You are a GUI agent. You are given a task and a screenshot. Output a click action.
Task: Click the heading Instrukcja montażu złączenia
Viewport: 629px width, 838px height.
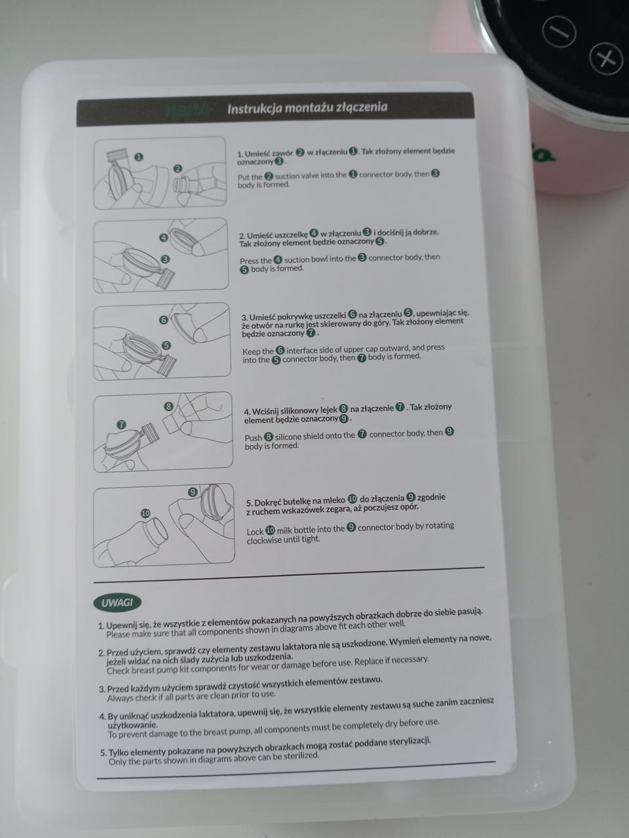(307, 107)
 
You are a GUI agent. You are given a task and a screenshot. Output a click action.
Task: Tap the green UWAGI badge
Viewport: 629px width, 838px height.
(117, 603)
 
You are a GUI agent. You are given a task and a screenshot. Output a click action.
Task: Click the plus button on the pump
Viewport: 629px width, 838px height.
(607, 59)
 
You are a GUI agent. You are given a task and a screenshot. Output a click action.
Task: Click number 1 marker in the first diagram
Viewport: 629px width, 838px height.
(139, 157)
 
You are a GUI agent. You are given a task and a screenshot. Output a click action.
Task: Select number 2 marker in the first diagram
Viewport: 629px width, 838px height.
(178, 168)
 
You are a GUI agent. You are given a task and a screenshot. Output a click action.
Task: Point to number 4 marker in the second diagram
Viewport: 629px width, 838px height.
(164, 238)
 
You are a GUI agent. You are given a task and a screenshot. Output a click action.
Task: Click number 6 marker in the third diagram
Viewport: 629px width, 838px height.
(163, 320)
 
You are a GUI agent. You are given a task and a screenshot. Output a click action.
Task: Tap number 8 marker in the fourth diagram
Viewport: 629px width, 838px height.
(168, 406)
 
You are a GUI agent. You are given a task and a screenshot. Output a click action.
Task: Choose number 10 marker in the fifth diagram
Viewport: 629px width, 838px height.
(145, 513)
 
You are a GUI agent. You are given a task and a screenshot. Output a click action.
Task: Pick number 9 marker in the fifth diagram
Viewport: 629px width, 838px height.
(193, 492)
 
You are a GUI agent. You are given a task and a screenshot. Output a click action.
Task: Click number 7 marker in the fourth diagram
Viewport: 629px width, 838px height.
(121, 424)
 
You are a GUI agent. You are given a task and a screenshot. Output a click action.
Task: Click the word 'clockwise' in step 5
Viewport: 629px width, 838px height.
(264, 541)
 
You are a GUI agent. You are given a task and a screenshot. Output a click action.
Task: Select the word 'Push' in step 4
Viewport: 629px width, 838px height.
(253, 437)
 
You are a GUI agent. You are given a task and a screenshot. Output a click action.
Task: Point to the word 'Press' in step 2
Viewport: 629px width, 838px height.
(250, 261)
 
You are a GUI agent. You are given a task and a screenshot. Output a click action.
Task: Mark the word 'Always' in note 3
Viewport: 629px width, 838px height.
(119, 699)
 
